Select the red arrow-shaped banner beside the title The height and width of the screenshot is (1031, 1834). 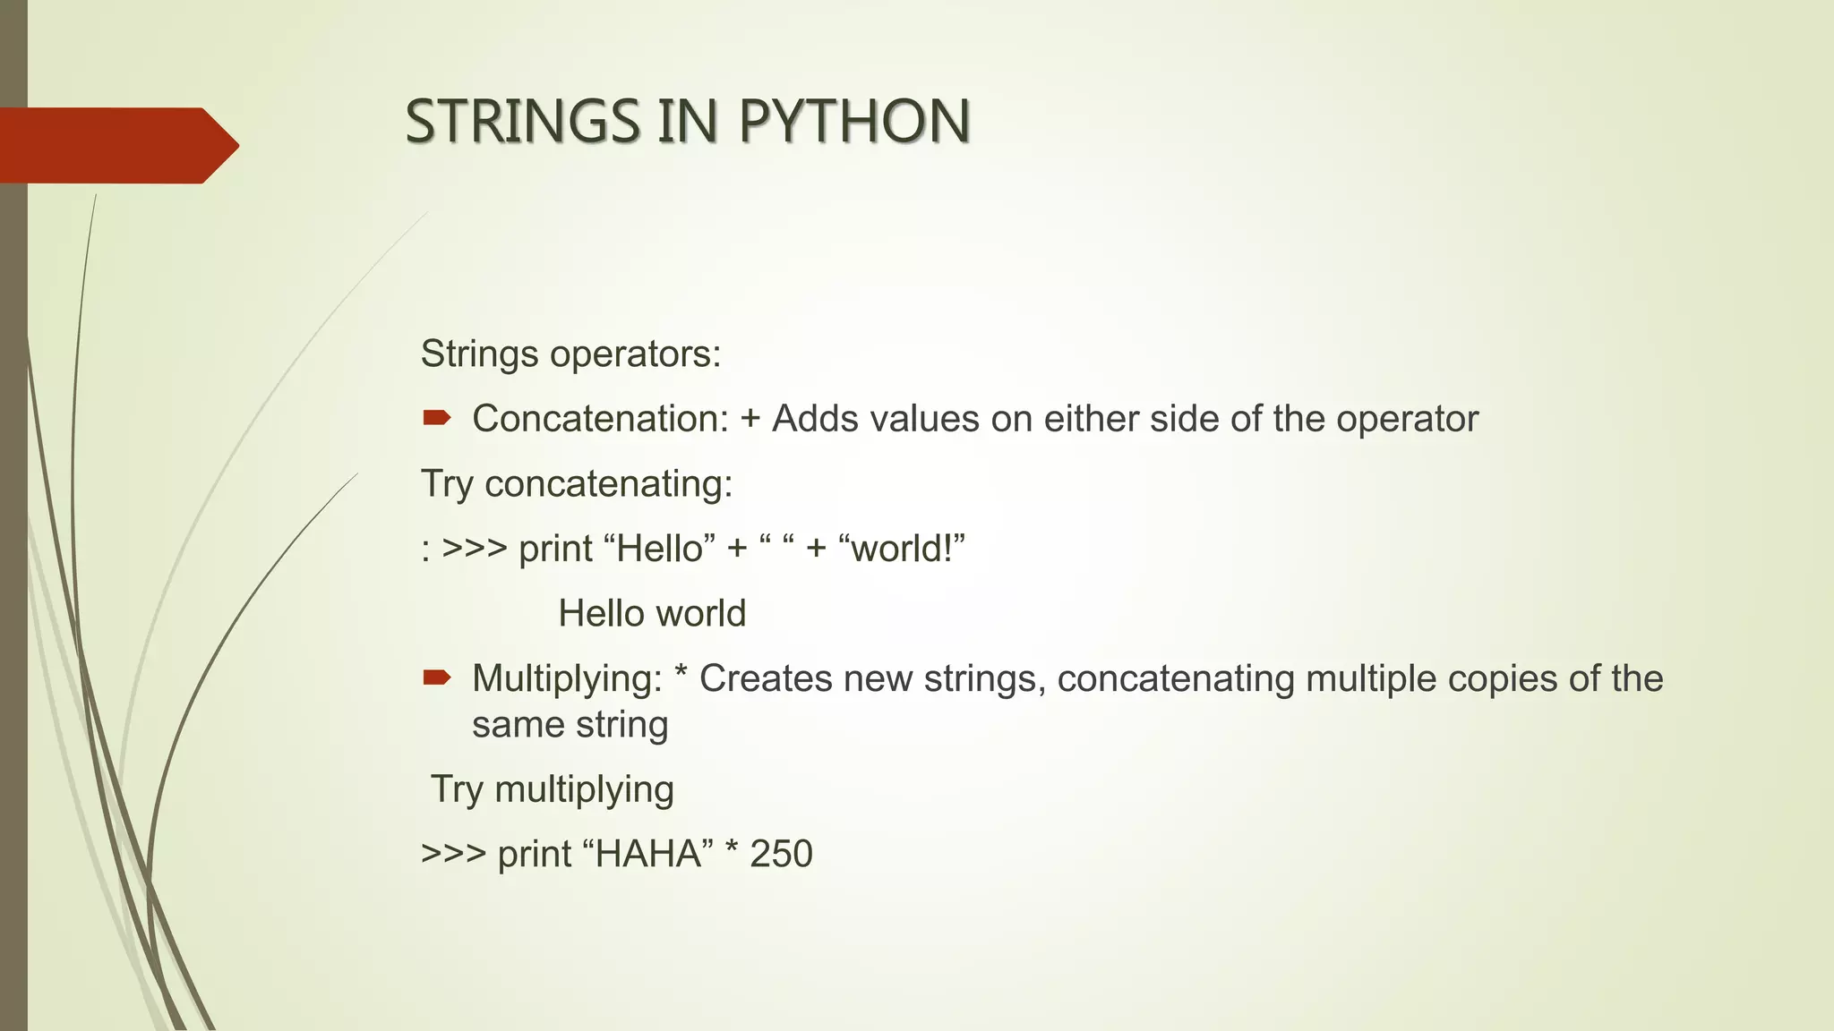116,145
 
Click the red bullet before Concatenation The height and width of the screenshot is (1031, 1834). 436,417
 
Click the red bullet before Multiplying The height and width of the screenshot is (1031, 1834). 436,677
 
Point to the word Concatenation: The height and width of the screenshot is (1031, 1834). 600,419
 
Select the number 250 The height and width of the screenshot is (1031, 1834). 781,854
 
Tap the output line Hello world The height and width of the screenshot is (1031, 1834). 652,614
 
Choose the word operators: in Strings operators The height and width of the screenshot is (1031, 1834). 635,354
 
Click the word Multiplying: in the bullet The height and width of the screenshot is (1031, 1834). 567,678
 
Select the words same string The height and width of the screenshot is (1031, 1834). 570,725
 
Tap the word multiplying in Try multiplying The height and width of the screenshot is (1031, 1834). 584,790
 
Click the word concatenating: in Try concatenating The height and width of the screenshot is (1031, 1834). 608,484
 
